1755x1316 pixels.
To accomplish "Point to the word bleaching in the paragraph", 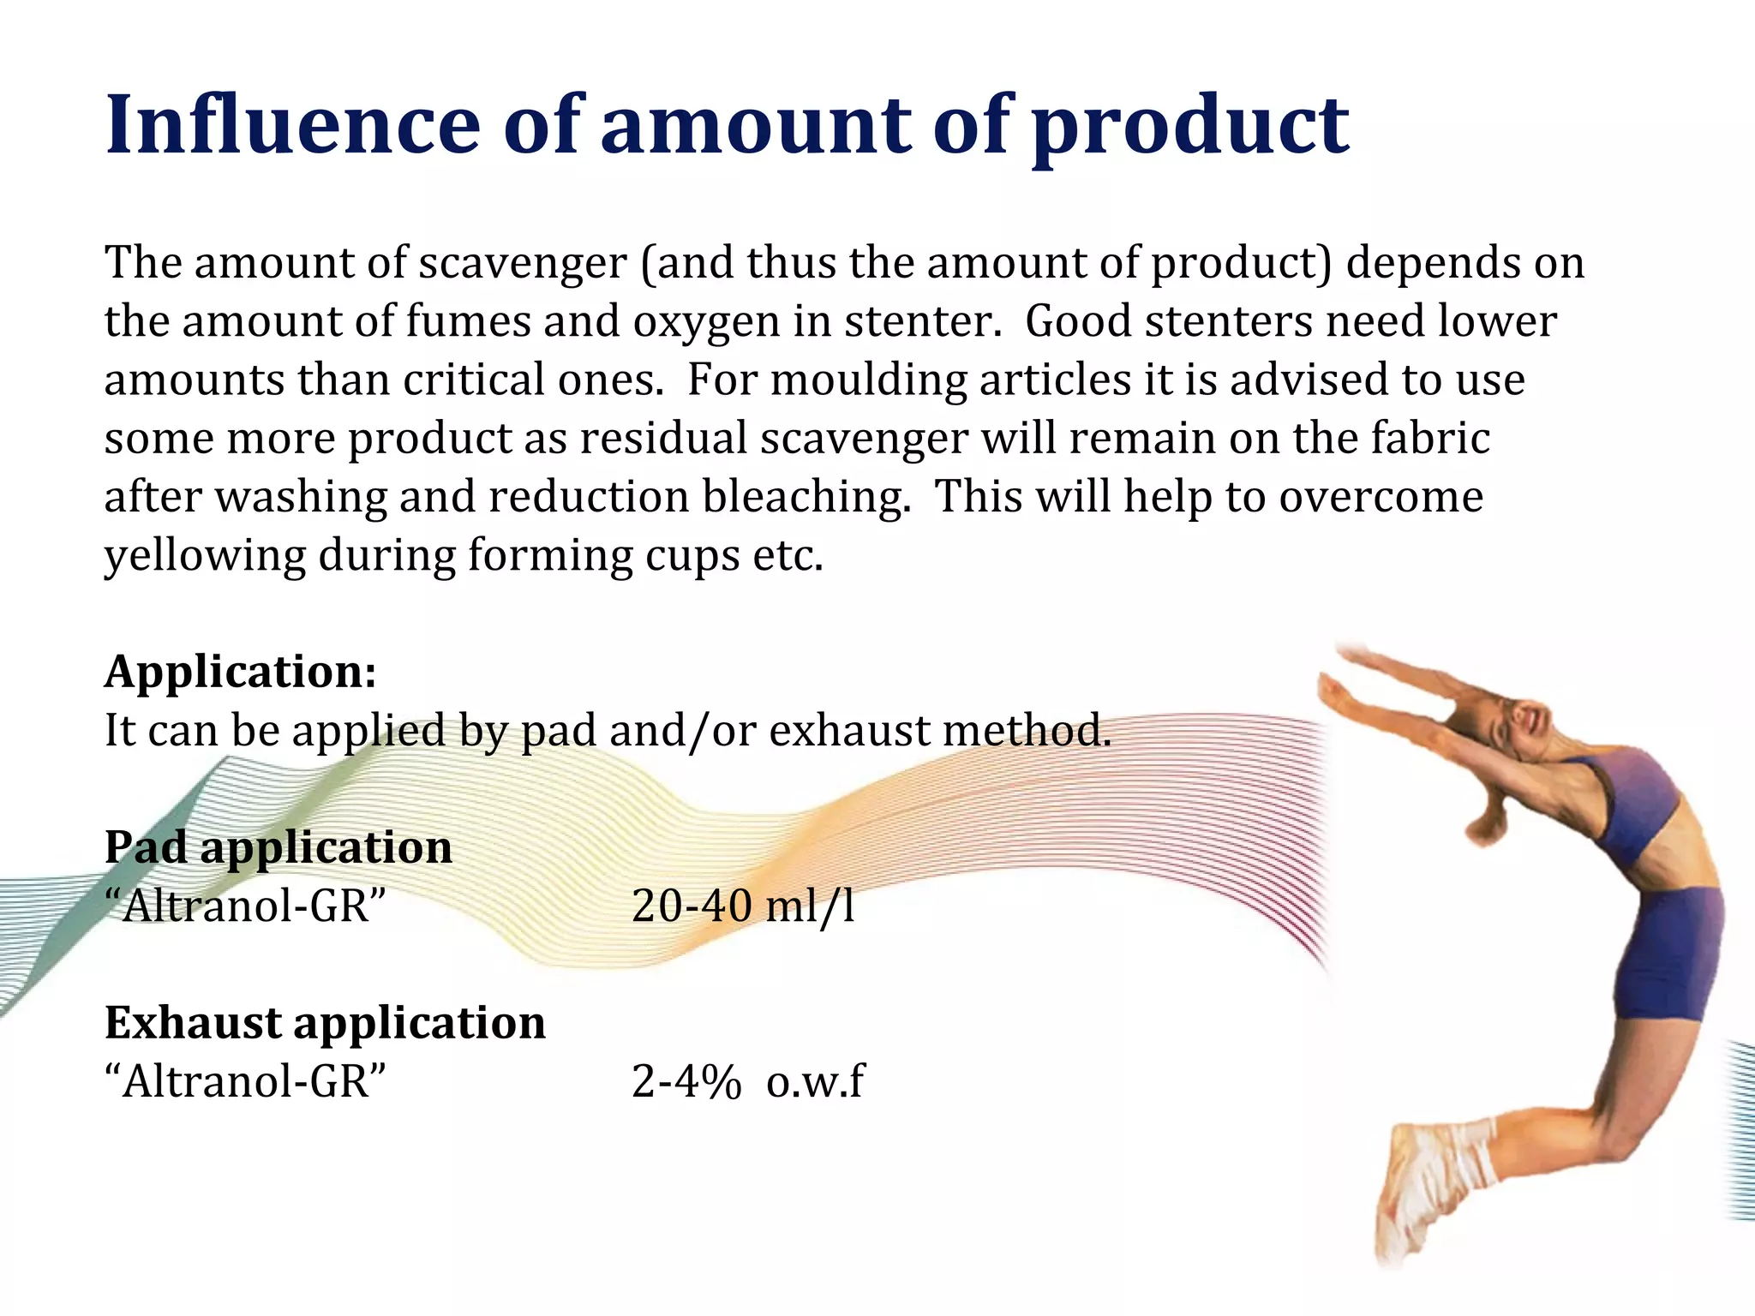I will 806,497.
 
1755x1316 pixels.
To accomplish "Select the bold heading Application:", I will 241,671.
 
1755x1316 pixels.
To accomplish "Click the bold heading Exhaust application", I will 325,1022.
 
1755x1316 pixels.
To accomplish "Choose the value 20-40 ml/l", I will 743,906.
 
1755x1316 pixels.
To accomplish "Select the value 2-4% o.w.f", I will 747,1081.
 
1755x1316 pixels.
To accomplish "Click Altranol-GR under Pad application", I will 246,906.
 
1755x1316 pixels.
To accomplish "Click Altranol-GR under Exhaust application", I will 246,1081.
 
